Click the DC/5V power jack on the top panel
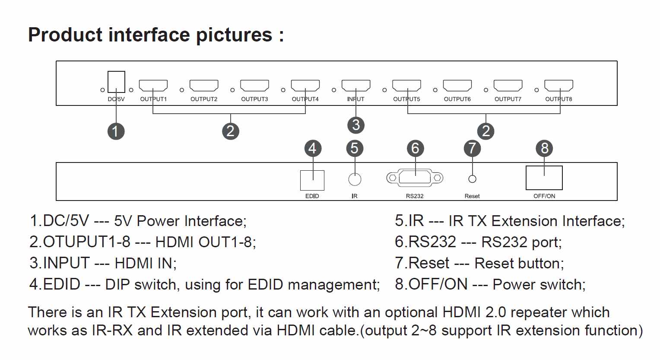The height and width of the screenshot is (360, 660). coord(116,82)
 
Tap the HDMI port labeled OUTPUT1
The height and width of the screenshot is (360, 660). coord(153,86)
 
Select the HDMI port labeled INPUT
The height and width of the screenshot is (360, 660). coord(356,86)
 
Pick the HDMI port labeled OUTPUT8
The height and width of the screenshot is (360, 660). coord(558,86)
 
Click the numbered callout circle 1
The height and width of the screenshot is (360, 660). coord(116,131)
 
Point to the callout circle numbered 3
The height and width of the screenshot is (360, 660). coord(356,125)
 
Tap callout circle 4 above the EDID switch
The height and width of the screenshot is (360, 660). coord(313,148)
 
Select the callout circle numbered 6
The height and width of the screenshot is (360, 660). coord(415,148)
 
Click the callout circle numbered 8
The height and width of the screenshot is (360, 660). coord(545,148)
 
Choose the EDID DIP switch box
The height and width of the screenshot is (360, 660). coord(312,180)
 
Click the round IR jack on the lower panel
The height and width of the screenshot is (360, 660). coord(355,179)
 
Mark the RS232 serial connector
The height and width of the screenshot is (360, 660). coord(415,178)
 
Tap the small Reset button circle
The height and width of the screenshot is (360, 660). coord(473,179)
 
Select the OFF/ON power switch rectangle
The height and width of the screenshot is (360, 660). coord(544,178)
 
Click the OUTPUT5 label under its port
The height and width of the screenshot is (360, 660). coord(406,99)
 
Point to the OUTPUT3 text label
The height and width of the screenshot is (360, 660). coord(254,99)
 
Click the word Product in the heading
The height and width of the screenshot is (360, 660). coord(65,35)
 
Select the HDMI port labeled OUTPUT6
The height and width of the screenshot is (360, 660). coord(457,86)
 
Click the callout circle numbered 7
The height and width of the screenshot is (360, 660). coord(473,148)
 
